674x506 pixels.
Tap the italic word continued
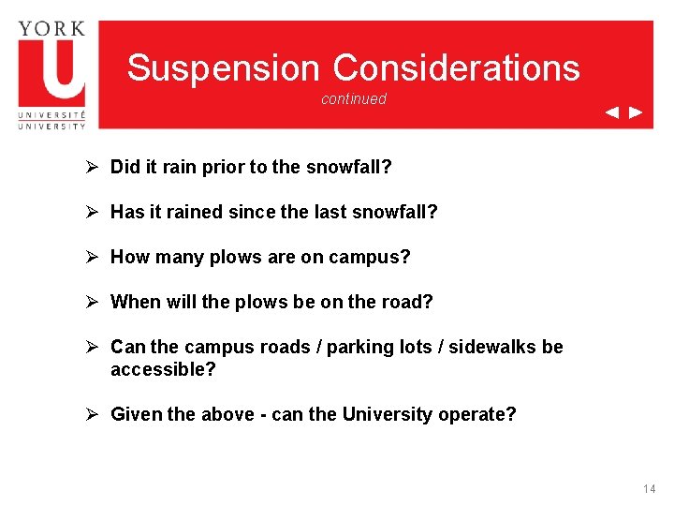coord(353,99)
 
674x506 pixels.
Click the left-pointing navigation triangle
coord(611,113)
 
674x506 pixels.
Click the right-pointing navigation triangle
coord(636,113)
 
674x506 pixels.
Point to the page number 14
coord(650,489)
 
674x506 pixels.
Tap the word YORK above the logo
coord(51,27)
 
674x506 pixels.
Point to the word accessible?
coord(163,369)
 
